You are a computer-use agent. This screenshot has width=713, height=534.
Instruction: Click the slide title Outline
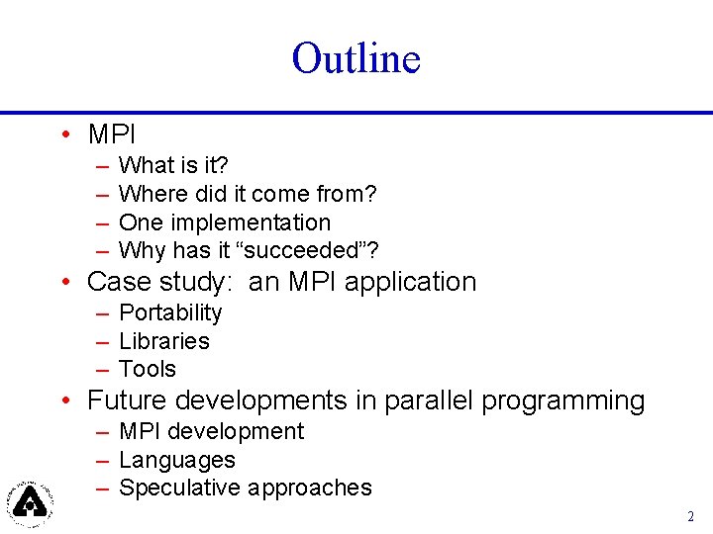tap(356, 58)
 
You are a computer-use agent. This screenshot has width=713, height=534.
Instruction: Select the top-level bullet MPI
tap(111, 133)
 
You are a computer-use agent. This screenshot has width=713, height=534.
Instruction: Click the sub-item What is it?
tap(173, 166)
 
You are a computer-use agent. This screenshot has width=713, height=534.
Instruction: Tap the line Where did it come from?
tap(248, 195)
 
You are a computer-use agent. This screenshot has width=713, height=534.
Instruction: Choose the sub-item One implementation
tap(225, 222)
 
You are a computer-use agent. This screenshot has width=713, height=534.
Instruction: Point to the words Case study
tap(157, 282)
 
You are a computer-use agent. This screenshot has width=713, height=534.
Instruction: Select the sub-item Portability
tap(170, 313)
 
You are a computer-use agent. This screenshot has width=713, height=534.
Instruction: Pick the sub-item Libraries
tap(164, 341)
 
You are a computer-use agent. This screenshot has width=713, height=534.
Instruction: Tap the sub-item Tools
tap(148, 369)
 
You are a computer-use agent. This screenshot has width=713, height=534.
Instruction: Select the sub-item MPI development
tap(211, 432)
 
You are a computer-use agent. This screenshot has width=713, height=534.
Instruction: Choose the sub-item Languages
tap(177, 460)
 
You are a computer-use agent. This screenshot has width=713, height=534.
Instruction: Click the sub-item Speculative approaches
tap(245, 488)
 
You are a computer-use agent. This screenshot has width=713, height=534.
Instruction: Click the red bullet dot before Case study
tap(64, 283)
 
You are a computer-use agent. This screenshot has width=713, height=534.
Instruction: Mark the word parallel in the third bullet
tap(429, 400)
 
